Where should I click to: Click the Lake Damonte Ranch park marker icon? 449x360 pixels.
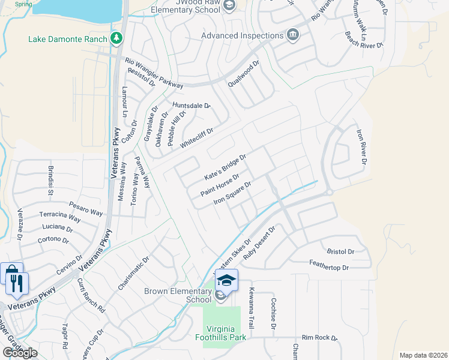pos(116,39)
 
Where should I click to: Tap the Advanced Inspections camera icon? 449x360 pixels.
pos(293,35)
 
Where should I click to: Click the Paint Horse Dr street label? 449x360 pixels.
pos(220,185)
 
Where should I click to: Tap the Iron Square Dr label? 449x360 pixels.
pos(232,193)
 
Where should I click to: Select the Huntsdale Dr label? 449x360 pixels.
pos(191,106)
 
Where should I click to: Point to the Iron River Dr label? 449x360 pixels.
pos(361,146)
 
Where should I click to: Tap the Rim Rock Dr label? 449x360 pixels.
pos(320,338)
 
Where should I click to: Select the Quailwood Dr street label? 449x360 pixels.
pos(243,74)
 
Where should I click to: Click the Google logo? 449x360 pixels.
pos(20,353)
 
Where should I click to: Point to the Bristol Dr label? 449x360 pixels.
pos(340,251)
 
